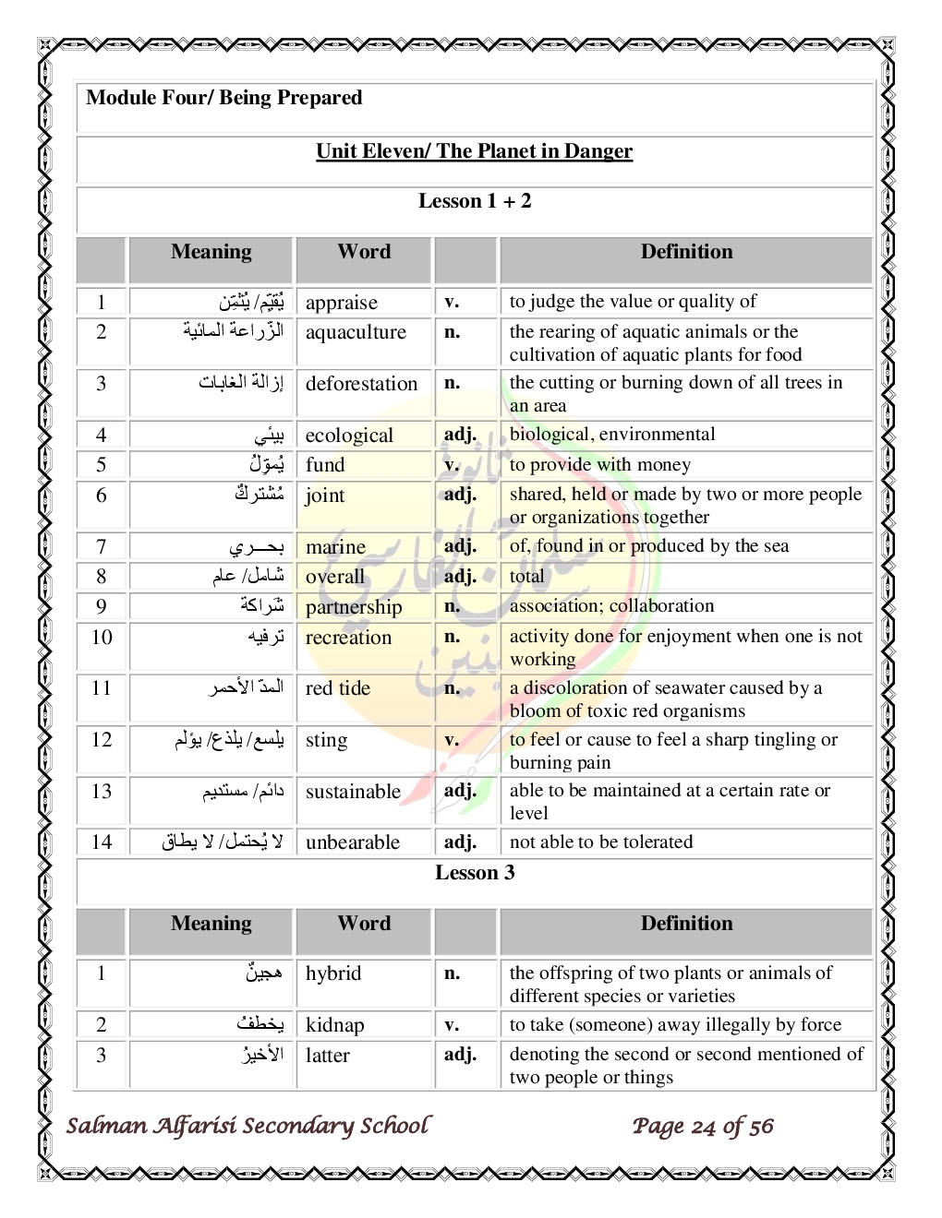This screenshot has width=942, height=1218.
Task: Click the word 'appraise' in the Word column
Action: pos(341,303)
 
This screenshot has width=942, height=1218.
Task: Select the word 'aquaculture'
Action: pos(356,332)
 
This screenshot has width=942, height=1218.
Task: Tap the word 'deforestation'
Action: pos(361,384)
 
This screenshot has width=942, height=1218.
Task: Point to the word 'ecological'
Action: pos(349,436)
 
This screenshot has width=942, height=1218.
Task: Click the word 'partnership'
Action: pos(354,607)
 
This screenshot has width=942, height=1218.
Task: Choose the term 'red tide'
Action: pos(337,688)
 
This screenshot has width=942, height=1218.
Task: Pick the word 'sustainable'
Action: pos(353,792)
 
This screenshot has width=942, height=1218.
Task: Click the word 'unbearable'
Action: pos(353,842)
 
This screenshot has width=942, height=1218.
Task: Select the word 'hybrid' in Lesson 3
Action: pos(333,973)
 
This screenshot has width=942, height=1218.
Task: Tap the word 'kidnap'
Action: pos(334,1025)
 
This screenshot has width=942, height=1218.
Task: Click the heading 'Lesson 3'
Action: pos(475,873)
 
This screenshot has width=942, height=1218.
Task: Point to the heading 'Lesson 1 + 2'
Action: pos(475,201)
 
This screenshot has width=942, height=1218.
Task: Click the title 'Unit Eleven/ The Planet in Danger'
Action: pos(474,151)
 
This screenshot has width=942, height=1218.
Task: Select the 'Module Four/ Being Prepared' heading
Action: pos(223,98)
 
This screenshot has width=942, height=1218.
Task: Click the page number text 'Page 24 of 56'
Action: pos(703,1126)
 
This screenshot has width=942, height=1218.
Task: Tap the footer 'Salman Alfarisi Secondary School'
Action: pos(248,1126)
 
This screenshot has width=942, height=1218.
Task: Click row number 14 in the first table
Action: pos(102,842)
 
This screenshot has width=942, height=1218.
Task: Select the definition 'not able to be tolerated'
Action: pos(600,842)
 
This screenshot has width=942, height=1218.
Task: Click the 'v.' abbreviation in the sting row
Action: pos(452,740)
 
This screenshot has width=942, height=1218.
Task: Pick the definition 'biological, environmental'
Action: pos(612,435)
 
